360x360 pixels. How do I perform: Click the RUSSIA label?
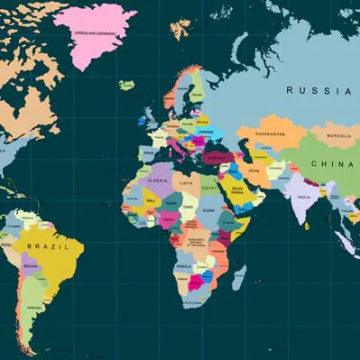(x=319, y=90)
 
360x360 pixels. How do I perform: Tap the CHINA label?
(x=329, y=164)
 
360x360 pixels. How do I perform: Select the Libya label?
(x=185, y=182)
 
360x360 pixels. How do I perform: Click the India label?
(x=304, y=197)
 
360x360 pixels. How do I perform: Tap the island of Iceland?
(x=127, y=85)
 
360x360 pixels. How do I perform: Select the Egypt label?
(x=210, y=184)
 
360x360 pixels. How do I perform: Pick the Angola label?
(x=185, y=265)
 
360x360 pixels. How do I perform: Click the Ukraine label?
(x=207, y=132)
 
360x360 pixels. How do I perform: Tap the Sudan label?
(x=210, y=209)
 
